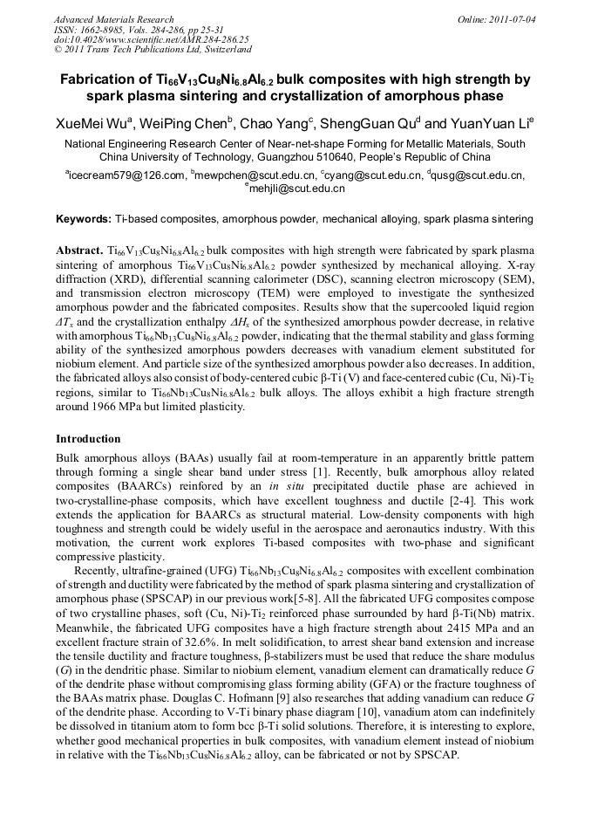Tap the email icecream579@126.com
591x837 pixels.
(126, 175)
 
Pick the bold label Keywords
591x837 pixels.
(82, 218)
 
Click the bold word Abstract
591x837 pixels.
(79, 250)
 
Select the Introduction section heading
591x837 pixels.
(88, 438)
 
